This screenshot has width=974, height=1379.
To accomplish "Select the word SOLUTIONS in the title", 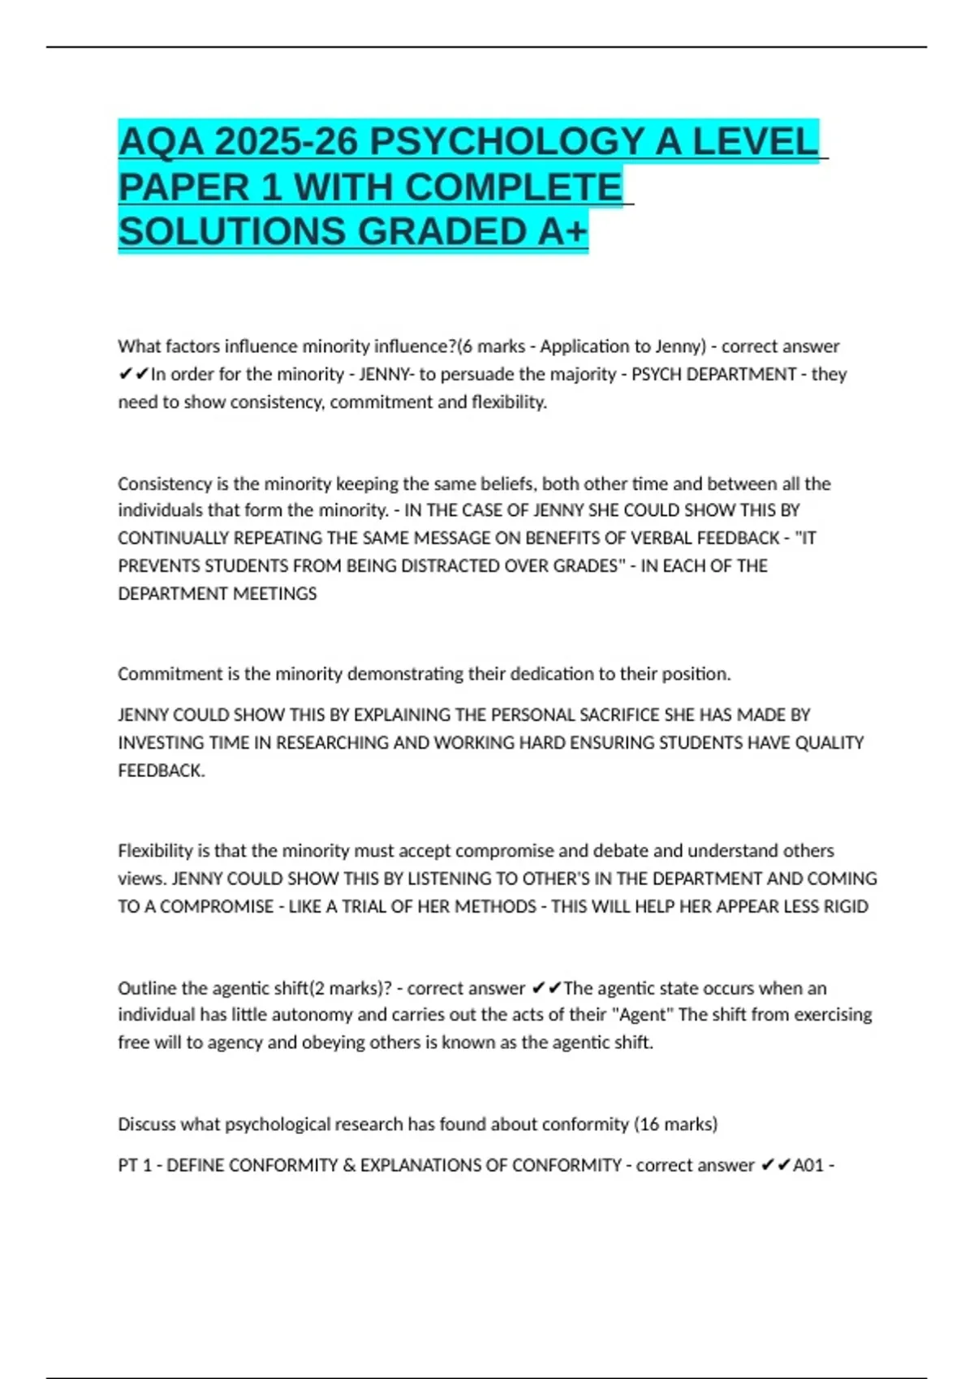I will (x=232, y=232).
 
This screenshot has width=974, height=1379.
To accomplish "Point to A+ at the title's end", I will (x=562, y=232).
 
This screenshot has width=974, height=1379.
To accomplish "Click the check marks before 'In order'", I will (x=134, y=374).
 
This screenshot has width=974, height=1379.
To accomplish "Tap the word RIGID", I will (x=846, y=906).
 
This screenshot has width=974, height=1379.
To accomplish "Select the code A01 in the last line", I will (x=808, y=1166).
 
